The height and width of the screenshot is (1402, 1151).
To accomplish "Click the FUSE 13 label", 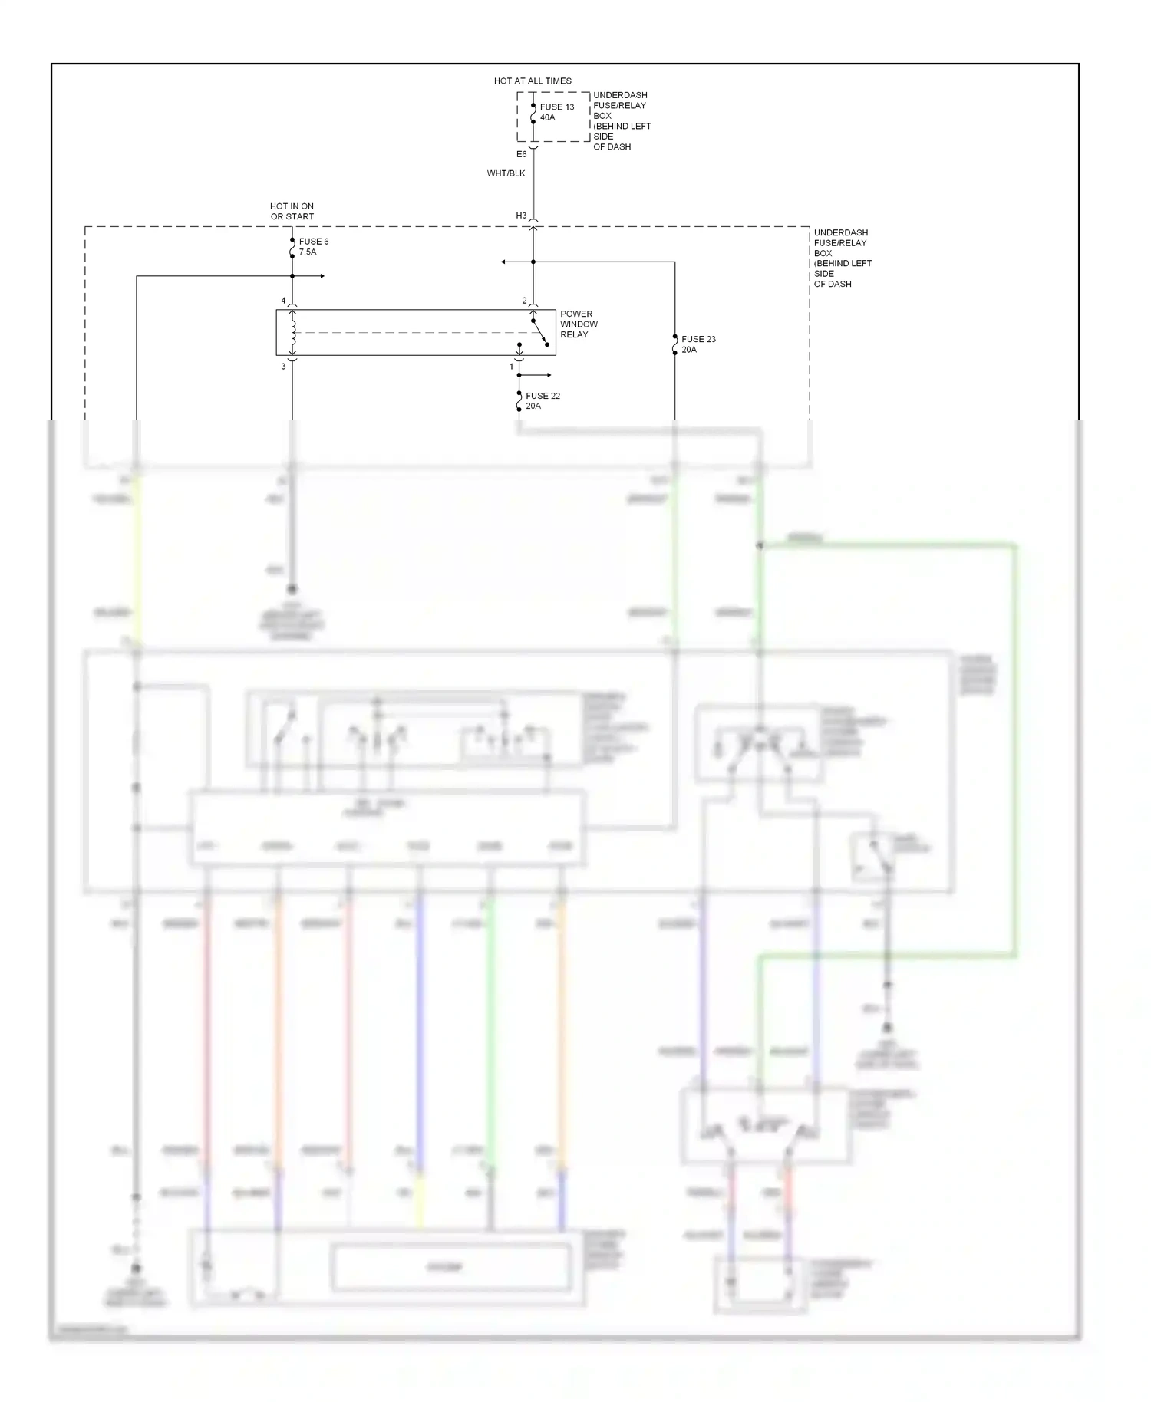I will click(556, 107).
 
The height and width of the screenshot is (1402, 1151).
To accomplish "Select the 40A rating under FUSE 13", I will click(547, 118).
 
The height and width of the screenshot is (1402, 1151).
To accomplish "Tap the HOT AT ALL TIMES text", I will click(533, 81).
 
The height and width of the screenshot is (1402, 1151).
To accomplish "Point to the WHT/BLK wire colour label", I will click(506, 173).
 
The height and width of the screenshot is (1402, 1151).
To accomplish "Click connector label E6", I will click(521, 155).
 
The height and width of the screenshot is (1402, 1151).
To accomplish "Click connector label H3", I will click(521, 216).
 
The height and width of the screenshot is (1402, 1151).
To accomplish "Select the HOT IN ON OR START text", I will click(292, 212).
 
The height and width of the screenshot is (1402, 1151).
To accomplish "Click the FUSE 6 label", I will click(314, 242).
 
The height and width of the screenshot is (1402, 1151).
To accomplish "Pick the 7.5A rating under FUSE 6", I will click(308, 252).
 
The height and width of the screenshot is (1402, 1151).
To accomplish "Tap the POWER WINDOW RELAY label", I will click(579, 324).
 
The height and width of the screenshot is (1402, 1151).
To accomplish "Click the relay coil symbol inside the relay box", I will click(292, 332).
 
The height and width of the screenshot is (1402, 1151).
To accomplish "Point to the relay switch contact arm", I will click(540, 332).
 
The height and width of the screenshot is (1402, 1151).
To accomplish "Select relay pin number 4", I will click(283, 301).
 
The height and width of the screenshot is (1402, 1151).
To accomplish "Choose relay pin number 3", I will click(283, 367).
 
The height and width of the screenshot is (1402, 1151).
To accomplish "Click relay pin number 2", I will click(525, 301).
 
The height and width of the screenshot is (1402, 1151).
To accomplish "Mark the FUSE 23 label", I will click(698, 339).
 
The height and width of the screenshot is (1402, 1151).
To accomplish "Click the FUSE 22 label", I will click(543, 396).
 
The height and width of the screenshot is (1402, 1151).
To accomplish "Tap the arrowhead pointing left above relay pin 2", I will click(504, 262).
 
